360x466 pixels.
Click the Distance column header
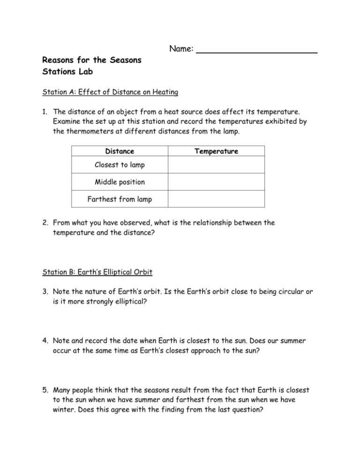pos(120,151)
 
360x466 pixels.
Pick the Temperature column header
pos(216,151)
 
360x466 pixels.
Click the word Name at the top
pos(180,49)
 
